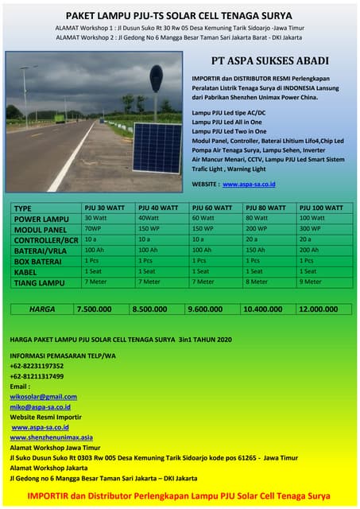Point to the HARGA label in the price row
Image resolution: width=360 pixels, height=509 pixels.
click(x=42, y=309)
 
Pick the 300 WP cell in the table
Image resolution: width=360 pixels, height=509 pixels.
click(x=311, y=228)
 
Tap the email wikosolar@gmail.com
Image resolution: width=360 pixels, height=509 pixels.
click(x=44, y=396)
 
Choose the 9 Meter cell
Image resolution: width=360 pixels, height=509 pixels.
click(x=311, y=282)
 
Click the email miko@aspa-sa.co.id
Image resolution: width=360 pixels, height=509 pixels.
click(x=41, y=406)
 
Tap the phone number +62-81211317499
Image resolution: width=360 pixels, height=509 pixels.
click(x=37, y=376)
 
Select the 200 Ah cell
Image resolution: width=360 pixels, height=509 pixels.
click(x=309, y=250)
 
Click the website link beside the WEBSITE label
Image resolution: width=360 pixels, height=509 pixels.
click(x=249, y=184)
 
